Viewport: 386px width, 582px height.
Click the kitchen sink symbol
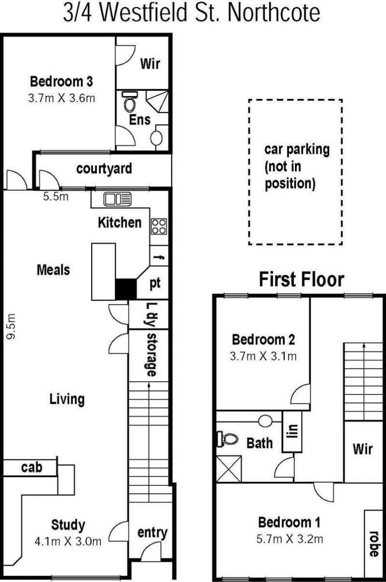point(117,199)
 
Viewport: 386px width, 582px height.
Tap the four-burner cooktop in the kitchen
point(159,226)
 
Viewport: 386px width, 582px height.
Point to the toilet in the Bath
point(227,439)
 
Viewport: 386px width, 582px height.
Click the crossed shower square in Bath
point(229,469)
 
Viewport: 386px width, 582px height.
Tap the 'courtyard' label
point(104,168)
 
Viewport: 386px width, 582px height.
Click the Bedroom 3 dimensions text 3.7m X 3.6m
point(62,98)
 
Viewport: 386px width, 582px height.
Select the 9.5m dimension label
point(11,326)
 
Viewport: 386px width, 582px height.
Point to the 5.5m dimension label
point(55,196)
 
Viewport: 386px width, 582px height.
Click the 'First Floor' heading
point(302,279)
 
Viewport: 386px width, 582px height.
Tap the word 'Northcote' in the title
point(274,13)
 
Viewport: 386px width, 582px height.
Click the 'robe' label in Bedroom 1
point(374,544)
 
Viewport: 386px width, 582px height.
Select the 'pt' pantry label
point(155,283)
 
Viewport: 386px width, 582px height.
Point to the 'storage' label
point(152,354)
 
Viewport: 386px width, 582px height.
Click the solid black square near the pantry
point(126,289)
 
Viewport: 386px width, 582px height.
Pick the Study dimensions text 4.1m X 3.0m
point(68,541)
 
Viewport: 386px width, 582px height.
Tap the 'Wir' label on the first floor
point(363,449)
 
